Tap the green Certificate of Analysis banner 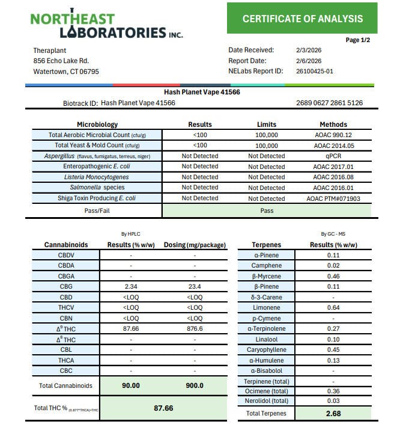point(302,19)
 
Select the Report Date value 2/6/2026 point(309,61)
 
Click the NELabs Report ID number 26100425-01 point(315,71)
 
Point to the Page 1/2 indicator point(358,40)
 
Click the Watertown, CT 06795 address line point(66,71)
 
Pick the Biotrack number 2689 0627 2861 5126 point(329,103)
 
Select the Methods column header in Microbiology point(333,124)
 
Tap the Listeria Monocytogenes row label point(96,177)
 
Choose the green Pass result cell point(267,211)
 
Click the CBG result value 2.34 point(131,287)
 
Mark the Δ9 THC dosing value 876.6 point(195,329)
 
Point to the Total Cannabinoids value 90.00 point(131,385)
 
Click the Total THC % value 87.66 point(163,408)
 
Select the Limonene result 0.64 point(333,308)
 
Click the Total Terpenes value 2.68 point(333,413)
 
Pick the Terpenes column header point(266,245)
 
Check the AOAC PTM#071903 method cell point(333,198)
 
